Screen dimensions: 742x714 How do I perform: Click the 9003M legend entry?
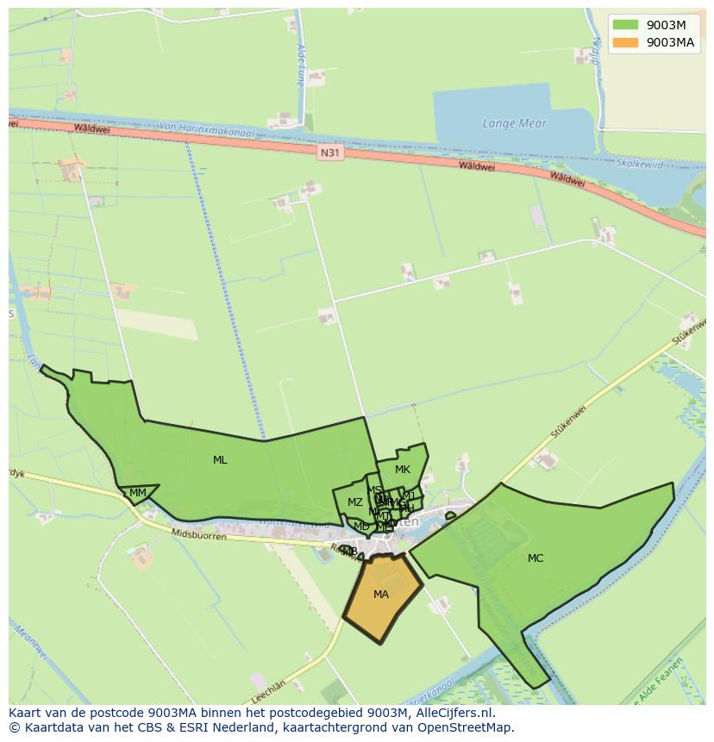tap(652, 25)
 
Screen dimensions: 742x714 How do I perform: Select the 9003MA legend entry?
tap(652, 42)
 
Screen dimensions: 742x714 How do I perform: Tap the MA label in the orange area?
tap(381, 595)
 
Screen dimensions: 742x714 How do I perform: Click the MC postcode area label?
tap(535, 558)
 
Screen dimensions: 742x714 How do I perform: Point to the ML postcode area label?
tap(220, 460)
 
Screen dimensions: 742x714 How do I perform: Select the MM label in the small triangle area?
tap(137, 493)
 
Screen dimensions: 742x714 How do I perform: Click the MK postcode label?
tap(403, 470)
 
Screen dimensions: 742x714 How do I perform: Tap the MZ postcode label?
tap(355, 502)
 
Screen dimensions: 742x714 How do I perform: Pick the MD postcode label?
tap(361, 526)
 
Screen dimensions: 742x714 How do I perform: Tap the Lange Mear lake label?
tap(515, 123)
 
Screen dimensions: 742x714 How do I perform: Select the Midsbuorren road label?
tap(199, 536)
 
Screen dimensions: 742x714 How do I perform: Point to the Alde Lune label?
tap(300, 65)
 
